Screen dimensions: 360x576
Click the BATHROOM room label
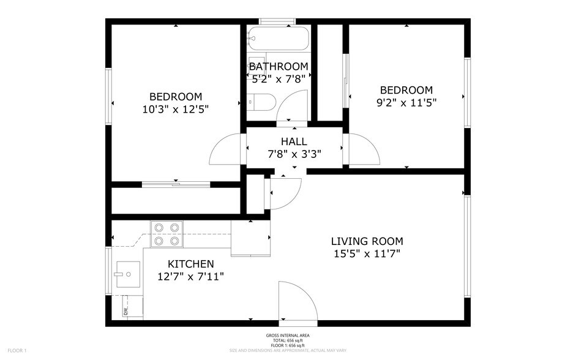(279, 66)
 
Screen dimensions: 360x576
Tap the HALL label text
(294, 141)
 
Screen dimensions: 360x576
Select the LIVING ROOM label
(367, 241)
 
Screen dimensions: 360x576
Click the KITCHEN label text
(191, 264)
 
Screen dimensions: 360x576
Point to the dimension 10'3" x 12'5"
(176, 109)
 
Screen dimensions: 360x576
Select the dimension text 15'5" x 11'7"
(367, 253)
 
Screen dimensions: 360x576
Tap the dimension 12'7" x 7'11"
(191, 276)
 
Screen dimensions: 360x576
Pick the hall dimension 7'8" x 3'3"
(294, 154)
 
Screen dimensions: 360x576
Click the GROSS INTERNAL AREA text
(288, 336)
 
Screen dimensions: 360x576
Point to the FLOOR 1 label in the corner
(17, 350)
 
